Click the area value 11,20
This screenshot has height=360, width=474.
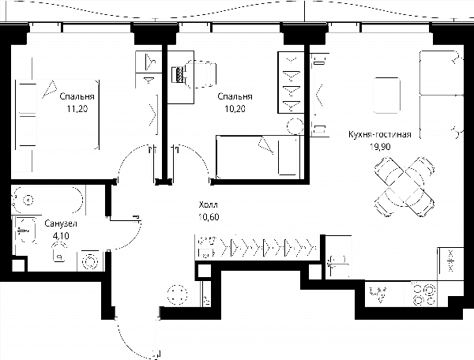(77, 108)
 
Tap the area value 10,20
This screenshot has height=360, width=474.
(235, 108)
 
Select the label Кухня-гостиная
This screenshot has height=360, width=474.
(380, 134)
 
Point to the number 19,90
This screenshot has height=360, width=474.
(380, 147)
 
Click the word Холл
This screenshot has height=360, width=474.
(209, 205)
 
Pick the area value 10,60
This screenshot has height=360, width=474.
(209, 217)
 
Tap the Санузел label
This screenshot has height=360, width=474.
(61, 223)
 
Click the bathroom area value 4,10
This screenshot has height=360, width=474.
(61, 235)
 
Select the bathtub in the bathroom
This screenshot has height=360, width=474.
(47, 201)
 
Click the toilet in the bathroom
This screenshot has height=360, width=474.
(59, 253)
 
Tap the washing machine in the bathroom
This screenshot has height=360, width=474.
(90, 261)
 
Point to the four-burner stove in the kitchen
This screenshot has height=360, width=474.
(423, 293)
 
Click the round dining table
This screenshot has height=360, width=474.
(404, 187)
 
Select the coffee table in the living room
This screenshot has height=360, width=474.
(387, 96)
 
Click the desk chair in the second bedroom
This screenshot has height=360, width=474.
(201, 74)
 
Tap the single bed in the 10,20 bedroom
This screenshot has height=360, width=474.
(258, 157)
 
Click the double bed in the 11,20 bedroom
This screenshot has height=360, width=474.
(58, 114)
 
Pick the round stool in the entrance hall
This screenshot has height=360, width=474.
(178, 294)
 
